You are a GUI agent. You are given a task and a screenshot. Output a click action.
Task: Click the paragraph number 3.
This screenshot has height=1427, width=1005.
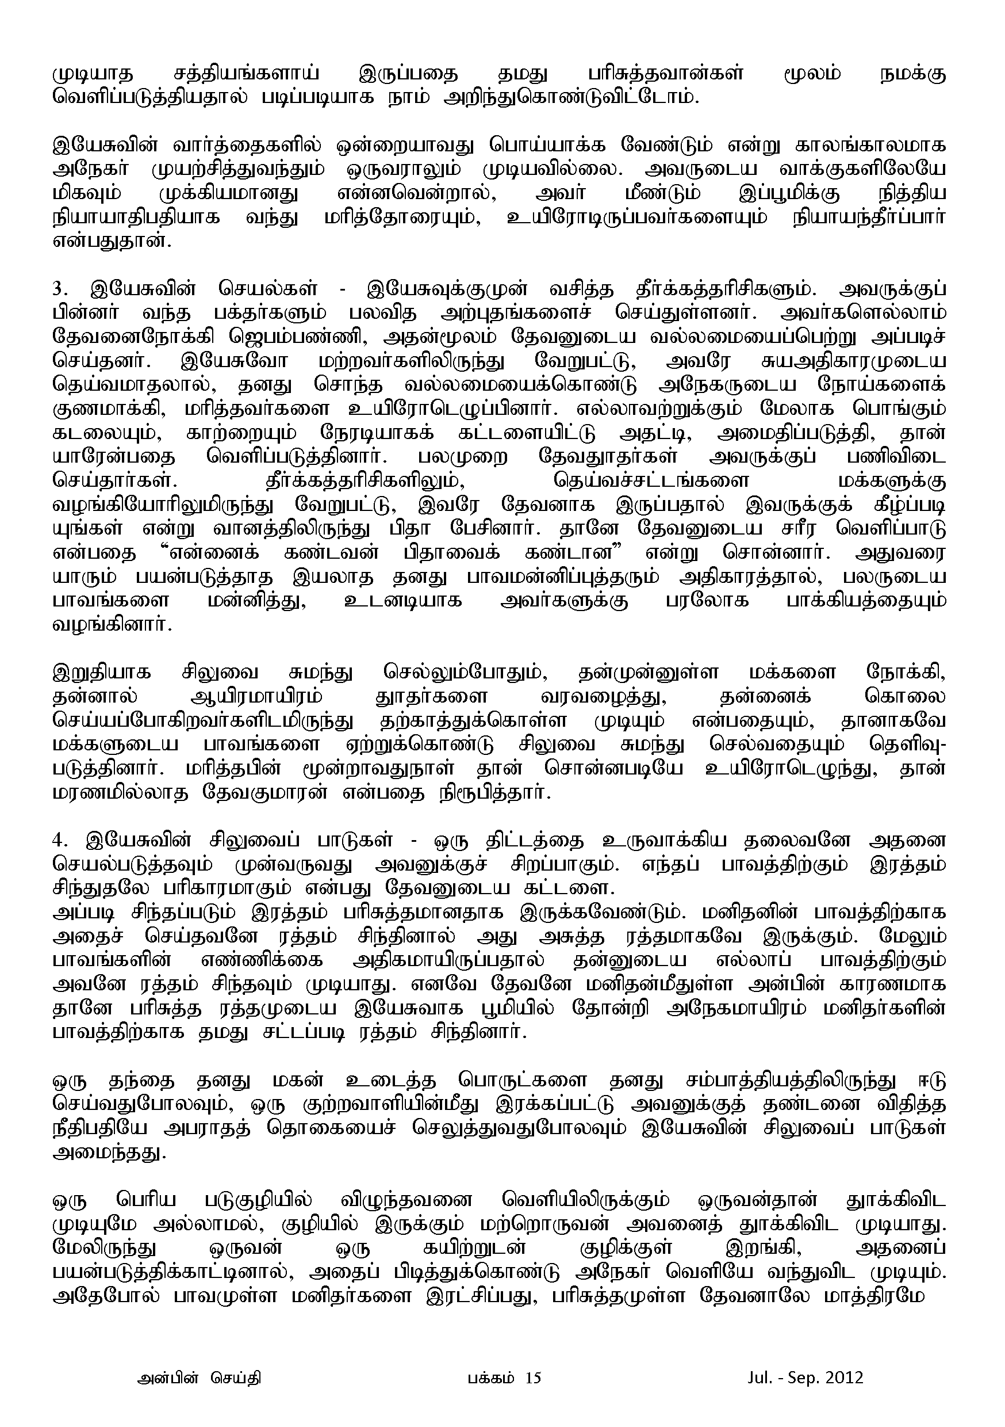point(59,290)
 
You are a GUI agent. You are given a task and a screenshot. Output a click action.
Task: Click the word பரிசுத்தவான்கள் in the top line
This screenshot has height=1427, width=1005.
point(665,75)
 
